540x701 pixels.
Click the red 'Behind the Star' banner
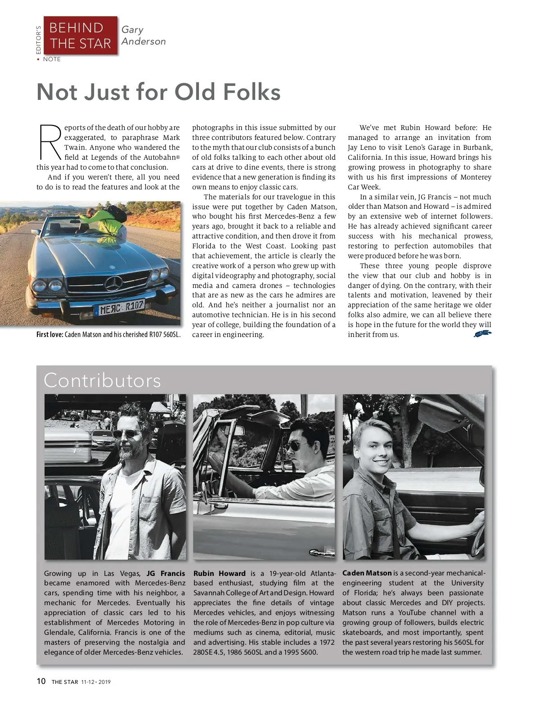(80, 36)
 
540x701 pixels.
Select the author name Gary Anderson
(143, 36)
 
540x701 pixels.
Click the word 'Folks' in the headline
(251, 92)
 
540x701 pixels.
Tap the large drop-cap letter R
(50, 142)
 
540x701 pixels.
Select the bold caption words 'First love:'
(50, 335)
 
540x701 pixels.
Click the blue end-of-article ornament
(482, 333)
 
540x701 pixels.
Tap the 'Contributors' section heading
(102, 381)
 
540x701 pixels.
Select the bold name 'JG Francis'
(166, 574)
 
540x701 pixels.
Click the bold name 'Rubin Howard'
(220, 574)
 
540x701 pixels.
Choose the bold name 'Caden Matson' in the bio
(367, 573)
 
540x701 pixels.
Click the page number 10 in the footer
(41, 681)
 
